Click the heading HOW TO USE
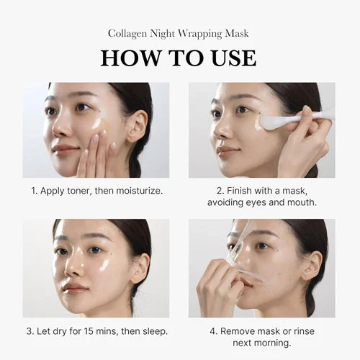pyautogui.click(x=179, y=58)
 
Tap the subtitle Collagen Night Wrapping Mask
pyautogui.click(x=179, y=33)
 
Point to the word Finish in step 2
pyautogui.click(x=238, y=192)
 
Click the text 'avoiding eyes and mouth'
pyautogui.click(x=262, y=204)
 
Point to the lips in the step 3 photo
pyautogui.click(x=75, y=287)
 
